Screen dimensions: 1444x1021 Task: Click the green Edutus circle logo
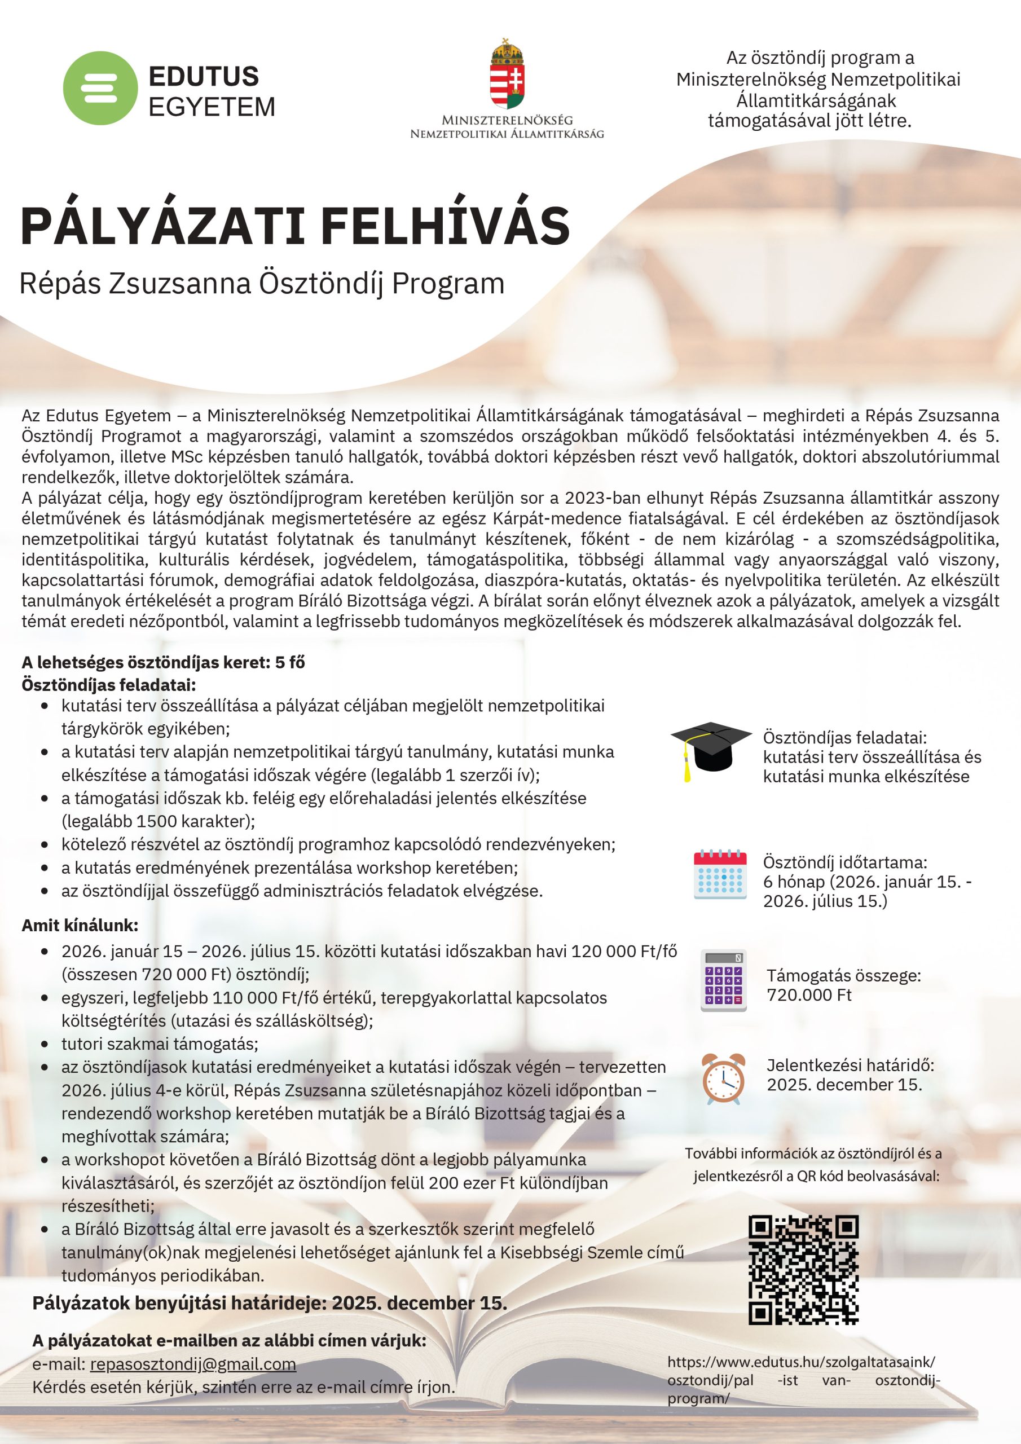pos(100,88)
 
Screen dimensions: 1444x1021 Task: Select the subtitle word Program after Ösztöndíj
pos(448,284)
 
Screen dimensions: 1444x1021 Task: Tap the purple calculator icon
pos(724,980)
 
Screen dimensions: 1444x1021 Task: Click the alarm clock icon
pos(724,1078)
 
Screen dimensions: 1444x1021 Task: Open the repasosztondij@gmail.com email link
pos(193,1364)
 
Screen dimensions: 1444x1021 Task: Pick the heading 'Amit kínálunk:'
pos(80,925)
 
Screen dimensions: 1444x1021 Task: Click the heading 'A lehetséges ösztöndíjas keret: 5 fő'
pos(163,662)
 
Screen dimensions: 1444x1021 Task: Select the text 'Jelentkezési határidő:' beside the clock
pos(850,1066)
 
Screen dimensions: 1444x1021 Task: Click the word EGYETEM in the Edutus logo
pos(212,107)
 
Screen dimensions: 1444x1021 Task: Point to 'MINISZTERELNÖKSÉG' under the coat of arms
pos(507,120)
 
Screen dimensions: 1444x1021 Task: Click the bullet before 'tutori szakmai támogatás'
pos(45,1044)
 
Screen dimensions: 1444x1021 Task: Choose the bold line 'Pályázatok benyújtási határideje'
pos(269,1302)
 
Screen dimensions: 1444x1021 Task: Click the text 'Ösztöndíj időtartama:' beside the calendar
pos(845,862)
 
